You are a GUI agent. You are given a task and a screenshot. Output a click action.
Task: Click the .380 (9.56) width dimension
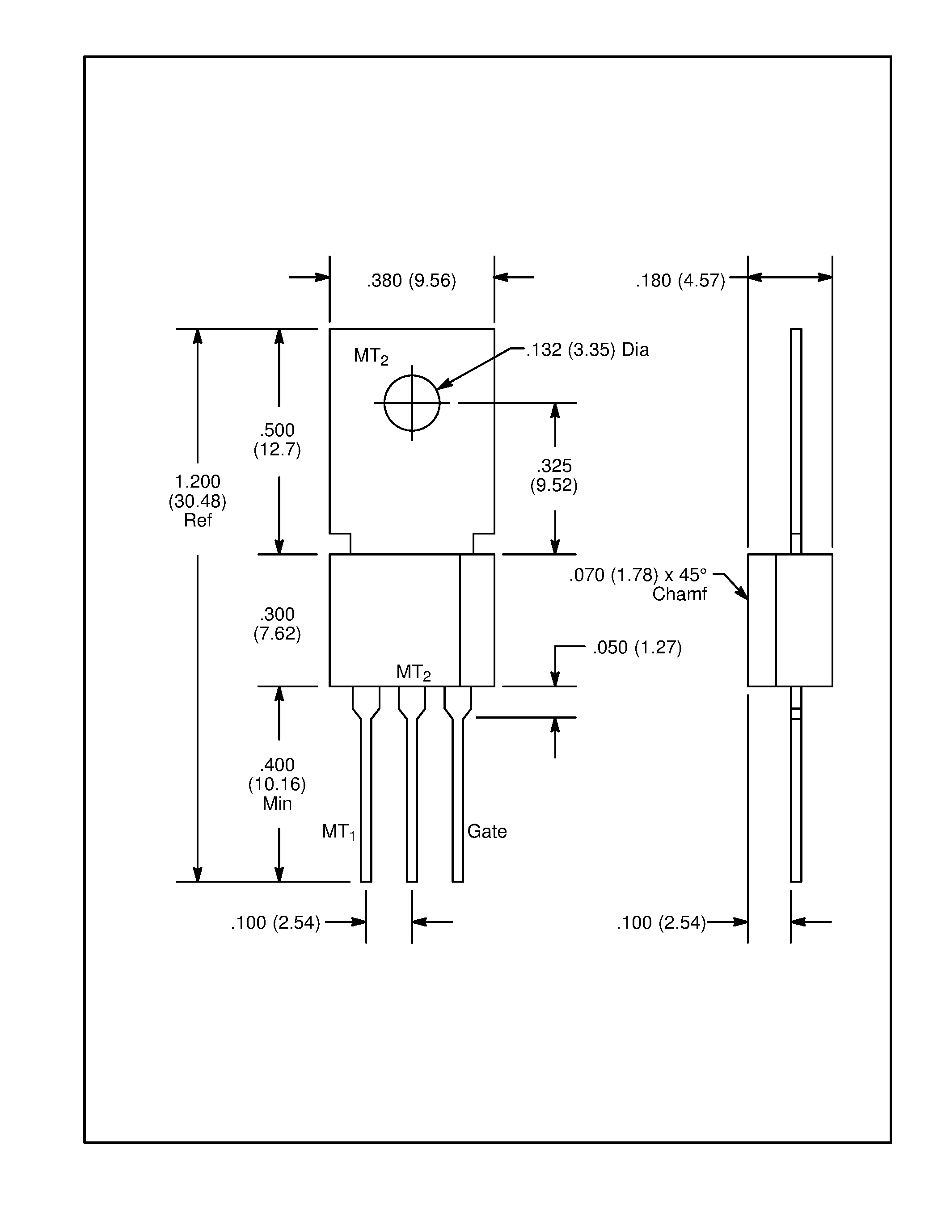pos(411,280)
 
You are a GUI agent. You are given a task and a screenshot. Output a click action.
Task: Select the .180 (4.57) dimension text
pos(680,280)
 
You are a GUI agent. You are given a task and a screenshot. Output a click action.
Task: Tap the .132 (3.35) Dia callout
pos(587,350)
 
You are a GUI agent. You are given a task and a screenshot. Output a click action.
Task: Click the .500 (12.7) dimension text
pos(278,439)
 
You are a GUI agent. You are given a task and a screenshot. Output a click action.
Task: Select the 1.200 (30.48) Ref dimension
pos(198,500)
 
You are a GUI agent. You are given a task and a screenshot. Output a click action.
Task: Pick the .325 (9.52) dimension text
pos(554,476)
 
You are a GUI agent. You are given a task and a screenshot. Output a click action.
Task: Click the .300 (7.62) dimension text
pos(278,623)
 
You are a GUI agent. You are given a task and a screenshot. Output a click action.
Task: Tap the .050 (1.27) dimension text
pos(637,648)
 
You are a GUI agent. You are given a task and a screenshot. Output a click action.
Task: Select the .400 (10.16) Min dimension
pos(278,784)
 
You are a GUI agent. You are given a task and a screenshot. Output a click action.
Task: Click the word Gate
pos(487,832)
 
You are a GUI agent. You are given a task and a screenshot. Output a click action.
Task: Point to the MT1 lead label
pos(338,832)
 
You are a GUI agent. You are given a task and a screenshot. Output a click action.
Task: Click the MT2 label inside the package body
pos(413,673)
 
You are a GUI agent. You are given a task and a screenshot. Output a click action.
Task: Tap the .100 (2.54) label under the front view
pos(275,923)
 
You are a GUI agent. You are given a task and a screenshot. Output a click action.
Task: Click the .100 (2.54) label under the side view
pos(661,923)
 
